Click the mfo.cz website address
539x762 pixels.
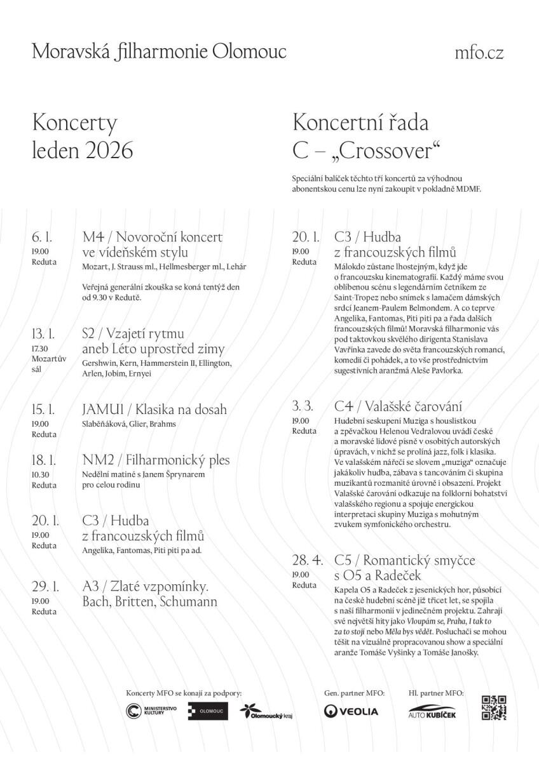pos(479,53)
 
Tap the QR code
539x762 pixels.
pos(494,707)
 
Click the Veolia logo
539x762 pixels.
pos(351,711)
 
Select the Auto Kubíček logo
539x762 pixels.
pos(432,711)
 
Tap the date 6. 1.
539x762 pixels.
pos(41,237)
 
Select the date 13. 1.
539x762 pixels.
pos(43,334)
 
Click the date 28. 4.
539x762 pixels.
pos(308,561)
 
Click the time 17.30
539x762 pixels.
pos(40,348)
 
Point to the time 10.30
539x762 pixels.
pos(40,474)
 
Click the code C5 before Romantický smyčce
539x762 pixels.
pos(343,561)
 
